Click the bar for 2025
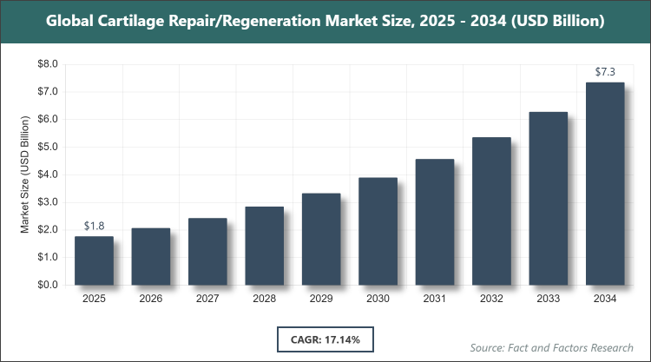(x=94, y=260)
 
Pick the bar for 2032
(x=491, y=211)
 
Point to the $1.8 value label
(x=94, y=226)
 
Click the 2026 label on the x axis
(x=150, y=299)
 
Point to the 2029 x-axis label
(x=321, y=299)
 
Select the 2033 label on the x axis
(x=549, y=299)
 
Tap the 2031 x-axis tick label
(x=435, y=299)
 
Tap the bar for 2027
(x=207, y=252)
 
